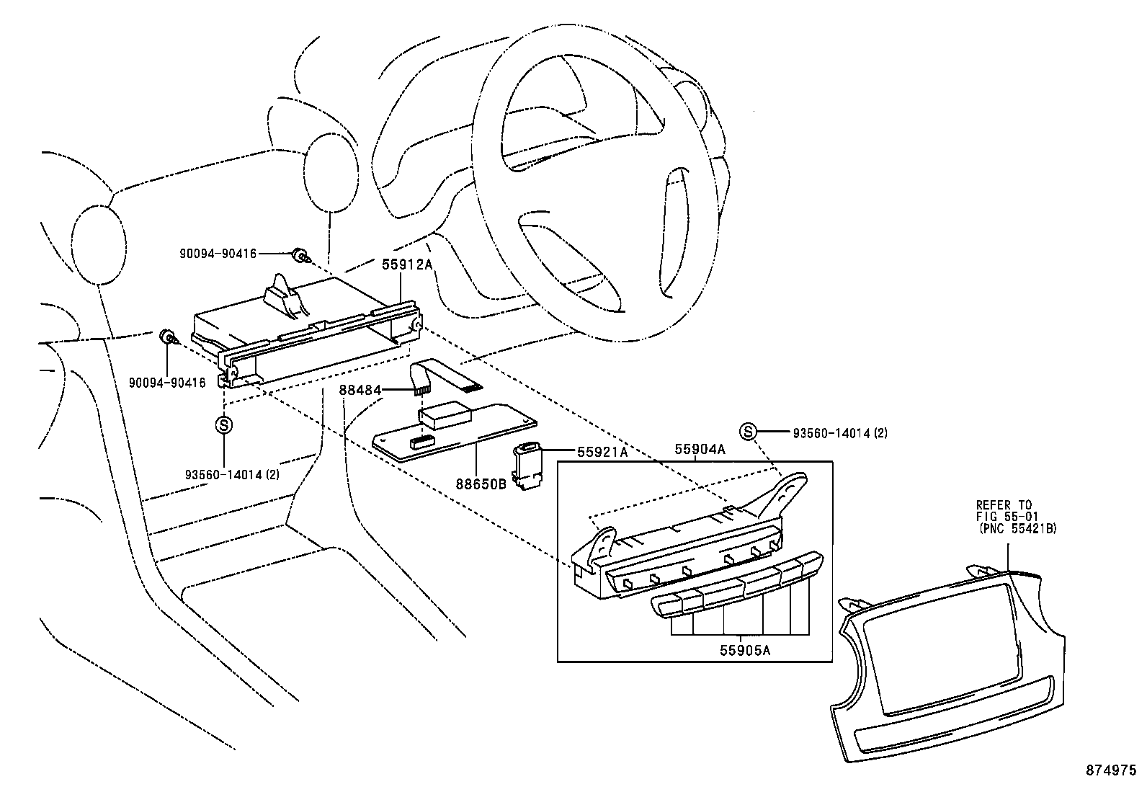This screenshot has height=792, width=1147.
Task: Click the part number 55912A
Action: (406, 264)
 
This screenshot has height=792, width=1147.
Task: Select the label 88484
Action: (360, 391)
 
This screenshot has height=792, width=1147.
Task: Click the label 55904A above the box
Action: (699, 450)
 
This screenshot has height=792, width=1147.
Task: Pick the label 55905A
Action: (744, 650)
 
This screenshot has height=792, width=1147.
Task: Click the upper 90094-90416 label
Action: (218, 254)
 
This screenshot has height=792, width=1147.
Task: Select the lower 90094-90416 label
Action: (167, 383)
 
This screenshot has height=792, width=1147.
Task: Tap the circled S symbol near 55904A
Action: (749, 432)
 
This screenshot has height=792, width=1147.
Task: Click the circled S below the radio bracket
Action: (223, 424)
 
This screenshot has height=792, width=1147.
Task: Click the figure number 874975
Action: (1110, 769)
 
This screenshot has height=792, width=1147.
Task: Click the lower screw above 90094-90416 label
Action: (167, 336)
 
